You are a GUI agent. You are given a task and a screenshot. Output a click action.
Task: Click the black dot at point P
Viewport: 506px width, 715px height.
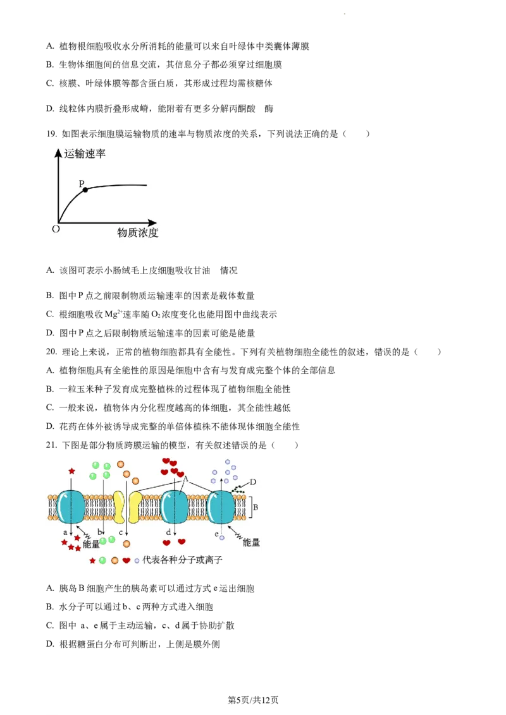tap(85, 189)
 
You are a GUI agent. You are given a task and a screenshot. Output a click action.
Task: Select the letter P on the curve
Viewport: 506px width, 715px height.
tap(81, 183)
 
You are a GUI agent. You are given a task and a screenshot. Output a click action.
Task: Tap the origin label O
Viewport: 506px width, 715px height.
tap(56, 229)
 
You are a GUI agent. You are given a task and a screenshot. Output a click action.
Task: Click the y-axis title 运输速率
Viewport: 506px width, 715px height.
tap(85, 153)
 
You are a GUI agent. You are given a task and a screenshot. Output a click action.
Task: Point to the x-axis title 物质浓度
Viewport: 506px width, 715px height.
tap(137, 233)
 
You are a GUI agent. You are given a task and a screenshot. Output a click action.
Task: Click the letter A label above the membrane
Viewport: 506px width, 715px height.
tap(185, 480)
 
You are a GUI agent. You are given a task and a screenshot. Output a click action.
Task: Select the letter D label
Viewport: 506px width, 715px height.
tap(252, 482)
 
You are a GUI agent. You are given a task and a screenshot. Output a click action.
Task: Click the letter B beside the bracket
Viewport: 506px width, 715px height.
tap(256, 507)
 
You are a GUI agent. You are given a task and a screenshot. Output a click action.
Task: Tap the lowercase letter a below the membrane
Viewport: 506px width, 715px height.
tap(65, 532)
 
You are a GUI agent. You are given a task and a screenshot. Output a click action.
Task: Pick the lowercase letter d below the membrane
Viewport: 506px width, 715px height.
tap(168, 532)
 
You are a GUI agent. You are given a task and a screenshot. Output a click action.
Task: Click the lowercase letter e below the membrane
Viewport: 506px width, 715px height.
tap(216, 534)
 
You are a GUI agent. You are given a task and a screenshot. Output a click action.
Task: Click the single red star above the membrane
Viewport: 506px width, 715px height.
tap(71, 471)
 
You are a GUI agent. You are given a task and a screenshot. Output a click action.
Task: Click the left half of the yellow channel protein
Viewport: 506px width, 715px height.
tap(119, 507)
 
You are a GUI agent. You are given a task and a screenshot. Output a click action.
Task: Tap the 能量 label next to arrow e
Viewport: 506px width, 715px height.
tap(251, 543)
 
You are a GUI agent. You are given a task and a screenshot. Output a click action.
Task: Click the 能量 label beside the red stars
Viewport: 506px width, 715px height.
tap(91, 544)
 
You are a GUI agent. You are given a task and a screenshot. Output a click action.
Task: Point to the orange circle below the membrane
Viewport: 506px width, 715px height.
tap(126, 543)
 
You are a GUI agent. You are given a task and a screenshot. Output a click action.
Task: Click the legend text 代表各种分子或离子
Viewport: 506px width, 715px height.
tap(182, 560)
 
